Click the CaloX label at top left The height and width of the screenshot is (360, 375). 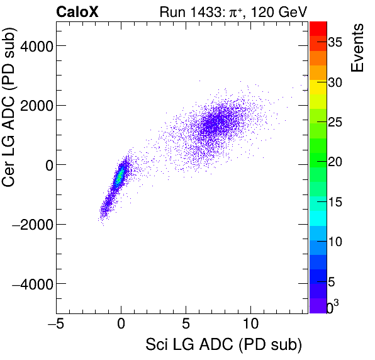(77, 11)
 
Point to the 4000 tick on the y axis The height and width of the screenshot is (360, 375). (35, 46)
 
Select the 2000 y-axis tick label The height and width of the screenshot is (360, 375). (35, 106)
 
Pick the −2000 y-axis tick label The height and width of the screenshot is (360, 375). (32, 225)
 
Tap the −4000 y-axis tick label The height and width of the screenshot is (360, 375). (32, 284)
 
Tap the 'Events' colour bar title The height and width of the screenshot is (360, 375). (357, 48)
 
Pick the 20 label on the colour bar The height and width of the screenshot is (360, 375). (337, 162)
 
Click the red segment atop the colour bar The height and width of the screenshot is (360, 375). (318, 28)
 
